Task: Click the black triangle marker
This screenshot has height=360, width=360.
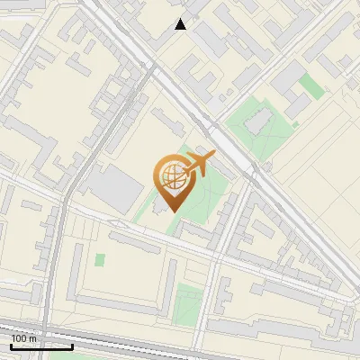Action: click(181, 24)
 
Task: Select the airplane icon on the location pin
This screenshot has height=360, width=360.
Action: click(198, 165)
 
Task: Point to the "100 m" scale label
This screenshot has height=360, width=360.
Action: click(24, 338)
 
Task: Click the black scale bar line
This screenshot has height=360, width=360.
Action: click(41, 346)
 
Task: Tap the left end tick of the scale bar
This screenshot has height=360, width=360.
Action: click(11, 345)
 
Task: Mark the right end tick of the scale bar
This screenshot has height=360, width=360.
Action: click(72, 345)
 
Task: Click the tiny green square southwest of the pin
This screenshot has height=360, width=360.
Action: click(100, 260)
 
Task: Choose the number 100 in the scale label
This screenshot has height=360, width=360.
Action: click(19, 338)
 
